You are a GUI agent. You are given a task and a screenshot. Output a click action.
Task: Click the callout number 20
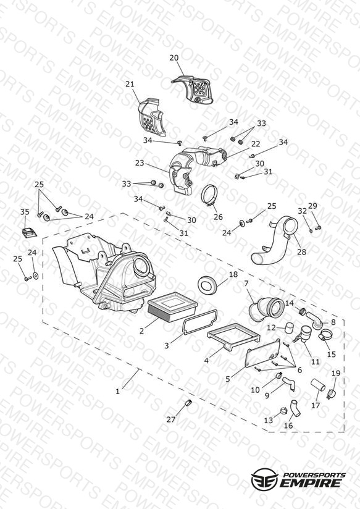174,58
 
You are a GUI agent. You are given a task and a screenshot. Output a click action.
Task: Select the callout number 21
130,84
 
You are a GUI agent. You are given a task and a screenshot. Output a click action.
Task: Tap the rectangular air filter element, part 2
173,307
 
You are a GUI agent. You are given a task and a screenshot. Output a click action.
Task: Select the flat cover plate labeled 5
263,353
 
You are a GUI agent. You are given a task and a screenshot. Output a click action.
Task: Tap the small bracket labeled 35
29,232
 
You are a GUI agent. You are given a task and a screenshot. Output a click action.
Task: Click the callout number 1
117,392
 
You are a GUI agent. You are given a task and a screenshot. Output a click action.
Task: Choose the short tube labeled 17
318,385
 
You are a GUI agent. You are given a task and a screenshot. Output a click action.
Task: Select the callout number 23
140,162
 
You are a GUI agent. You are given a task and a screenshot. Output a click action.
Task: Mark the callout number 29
312,206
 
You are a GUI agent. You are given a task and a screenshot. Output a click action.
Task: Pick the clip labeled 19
331,393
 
